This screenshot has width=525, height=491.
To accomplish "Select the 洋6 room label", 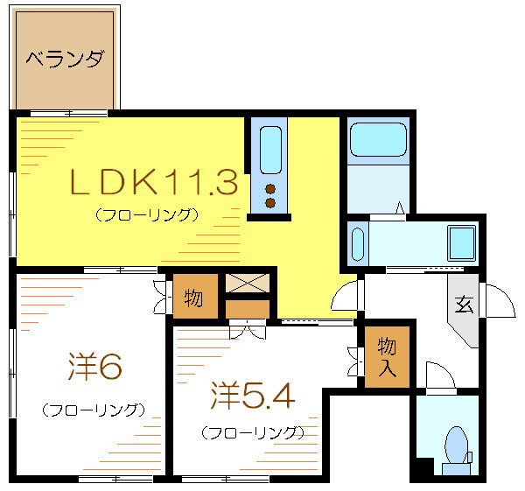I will point(94,368).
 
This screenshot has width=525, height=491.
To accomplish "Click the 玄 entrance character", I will point(463,305).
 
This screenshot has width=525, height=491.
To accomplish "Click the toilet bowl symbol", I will point(456,444).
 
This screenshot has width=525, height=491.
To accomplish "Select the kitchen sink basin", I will point(269,149).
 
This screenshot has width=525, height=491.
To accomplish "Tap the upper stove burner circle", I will point(269,188).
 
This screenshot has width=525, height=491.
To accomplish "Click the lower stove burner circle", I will point(269,204).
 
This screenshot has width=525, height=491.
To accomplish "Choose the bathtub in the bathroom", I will point(378,140).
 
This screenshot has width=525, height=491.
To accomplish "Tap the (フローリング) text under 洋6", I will point(92,410).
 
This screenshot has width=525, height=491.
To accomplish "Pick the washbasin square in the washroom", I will point(461,241).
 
